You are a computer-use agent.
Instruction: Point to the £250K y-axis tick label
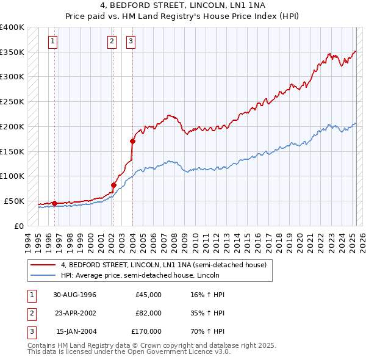12,101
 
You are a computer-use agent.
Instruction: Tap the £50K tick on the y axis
13,201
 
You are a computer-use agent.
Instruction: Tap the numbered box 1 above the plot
53,41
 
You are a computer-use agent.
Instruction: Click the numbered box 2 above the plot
112,41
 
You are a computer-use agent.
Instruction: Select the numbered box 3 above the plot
131,41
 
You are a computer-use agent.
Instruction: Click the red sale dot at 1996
54,203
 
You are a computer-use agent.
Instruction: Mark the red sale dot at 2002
113,185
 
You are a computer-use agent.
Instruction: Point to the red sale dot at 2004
132,141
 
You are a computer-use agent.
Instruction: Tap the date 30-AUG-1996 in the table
75,295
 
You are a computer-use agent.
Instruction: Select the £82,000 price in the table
148,313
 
